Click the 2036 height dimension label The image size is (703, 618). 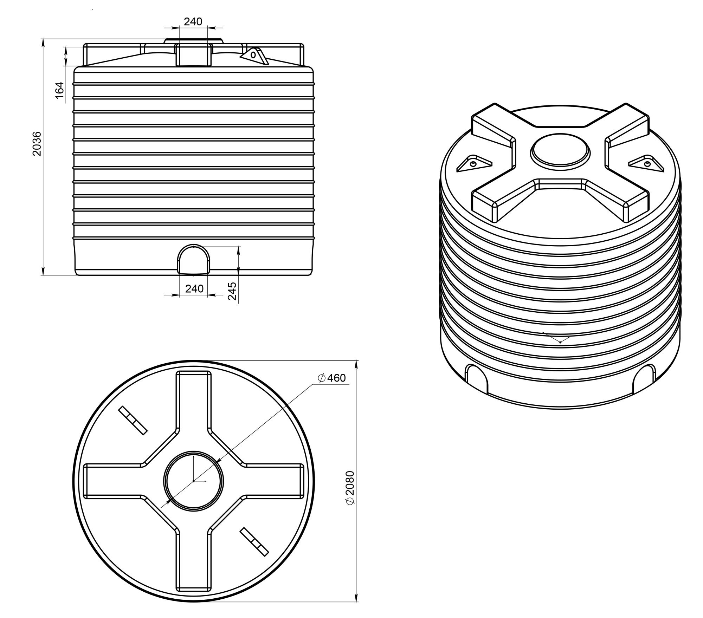pyautogui.click(x=37, y=144)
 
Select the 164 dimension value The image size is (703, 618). pyautogui.click(x=59, y=90)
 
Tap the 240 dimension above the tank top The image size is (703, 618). pyautogui.click(x=193, y=22)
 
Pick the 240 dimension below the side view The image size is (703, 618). pyautogui.click(x=194, y=288)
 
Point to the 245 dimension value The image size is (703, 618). pyautogui.click(x=232, y=291)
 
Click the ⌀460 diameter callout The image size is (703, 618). pyautogui.click(x=331, y=378)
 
